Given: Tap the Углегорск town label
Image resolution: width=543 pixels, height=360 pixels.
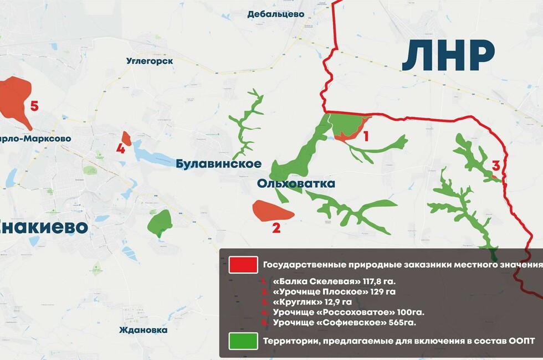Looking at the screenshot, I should click(x=150, y=60).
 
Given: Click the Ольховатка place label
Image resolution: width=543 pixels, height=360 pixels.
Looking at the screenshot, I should click(x=296, y=183).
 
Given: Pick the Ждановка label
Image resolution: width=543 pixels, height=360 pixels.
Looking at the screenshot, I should click(x=143, y=330).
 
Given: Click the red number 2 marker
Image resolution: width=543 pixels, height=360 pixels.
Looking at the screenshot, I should click(x=276, y=227).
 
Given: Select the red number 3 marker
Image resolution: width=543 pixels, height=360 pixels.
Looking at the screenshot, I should click(x=496, y=165).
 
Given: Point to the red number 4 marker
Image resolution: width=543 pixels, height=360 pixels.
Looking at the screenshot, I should click(x=121, y=148).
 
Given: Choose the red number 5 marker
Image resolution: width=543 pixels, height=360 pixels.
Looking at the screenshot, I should click(x=34, y=106).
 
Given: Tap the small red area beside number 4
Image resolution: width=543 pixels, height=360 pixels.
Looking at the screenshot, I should click(x=126, y=138).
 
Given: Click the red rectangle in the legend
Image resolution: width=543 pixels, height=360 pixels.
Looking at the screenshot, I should click(x=243, y=265).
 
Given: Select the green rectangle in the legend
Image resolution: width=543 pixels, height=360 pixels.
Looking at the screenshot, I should click(x=243, y=341).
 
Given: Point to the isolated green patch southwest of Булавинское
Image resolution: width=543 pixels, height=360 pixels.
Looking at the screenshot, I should click(x=160, y=222).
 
